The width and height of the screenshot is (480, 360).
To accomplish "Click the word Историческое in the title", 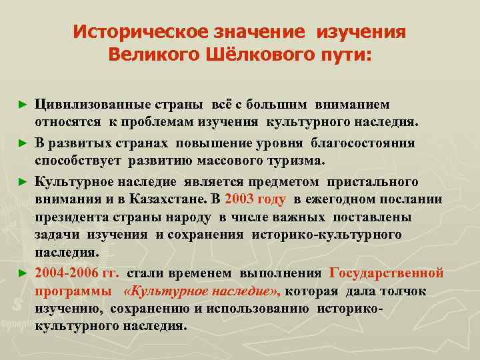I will (131, 32).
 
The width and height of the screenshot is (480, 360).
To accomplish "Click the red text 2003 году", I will (256, 199).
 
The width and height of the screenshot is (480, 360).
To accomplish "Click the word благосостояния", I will (364, 143).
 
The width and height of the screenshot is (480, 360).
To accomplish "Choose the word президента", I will (71, 217).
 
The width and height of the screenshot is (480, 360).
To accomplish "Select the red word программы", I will (73, 291).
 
